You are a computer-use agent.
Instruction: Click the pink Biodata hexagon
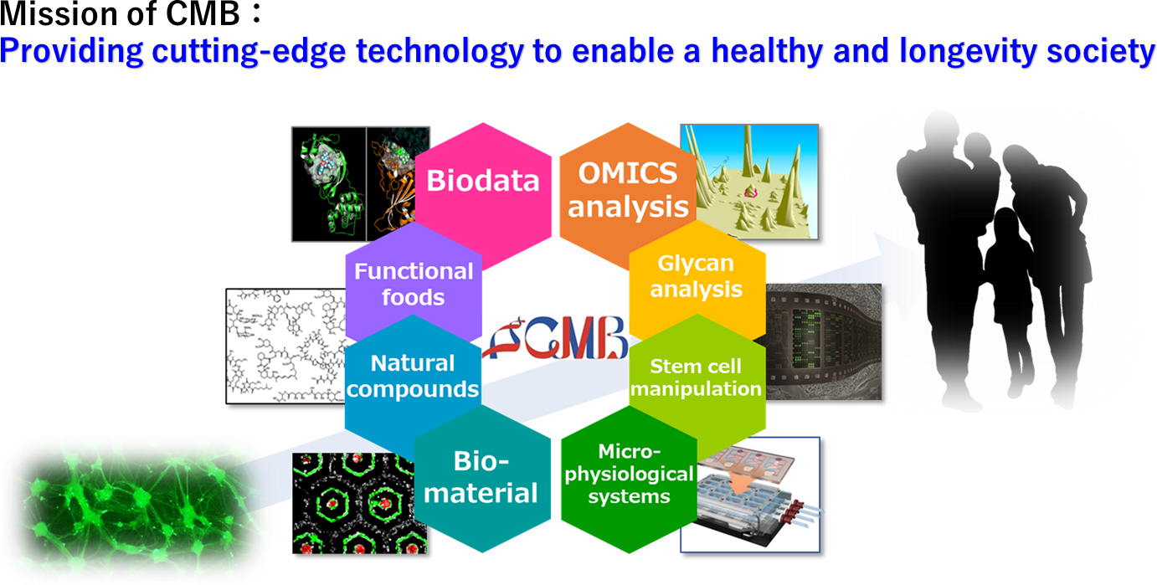pos(483,191)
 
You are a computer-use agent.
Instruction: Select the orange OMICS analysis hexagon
pos(628,191)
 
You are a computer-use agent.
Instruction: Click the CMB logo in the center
pos(555,338)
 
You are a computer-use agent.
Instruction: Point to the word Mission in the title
pos(59,14)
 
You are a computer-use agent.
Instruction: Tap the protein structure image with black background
pos(361,184)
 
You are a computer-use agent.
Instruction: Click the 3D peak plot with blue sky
pos(749,182)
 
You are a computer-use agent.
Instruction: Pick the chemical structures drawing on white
pos(285,346)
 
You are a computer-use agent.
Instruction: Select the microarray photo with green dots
pos(823,341)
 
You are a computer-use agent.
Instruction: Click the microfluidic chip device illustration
pos(750,495)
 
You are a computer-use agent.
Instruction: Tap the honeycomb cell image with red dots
pos(359,504)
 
